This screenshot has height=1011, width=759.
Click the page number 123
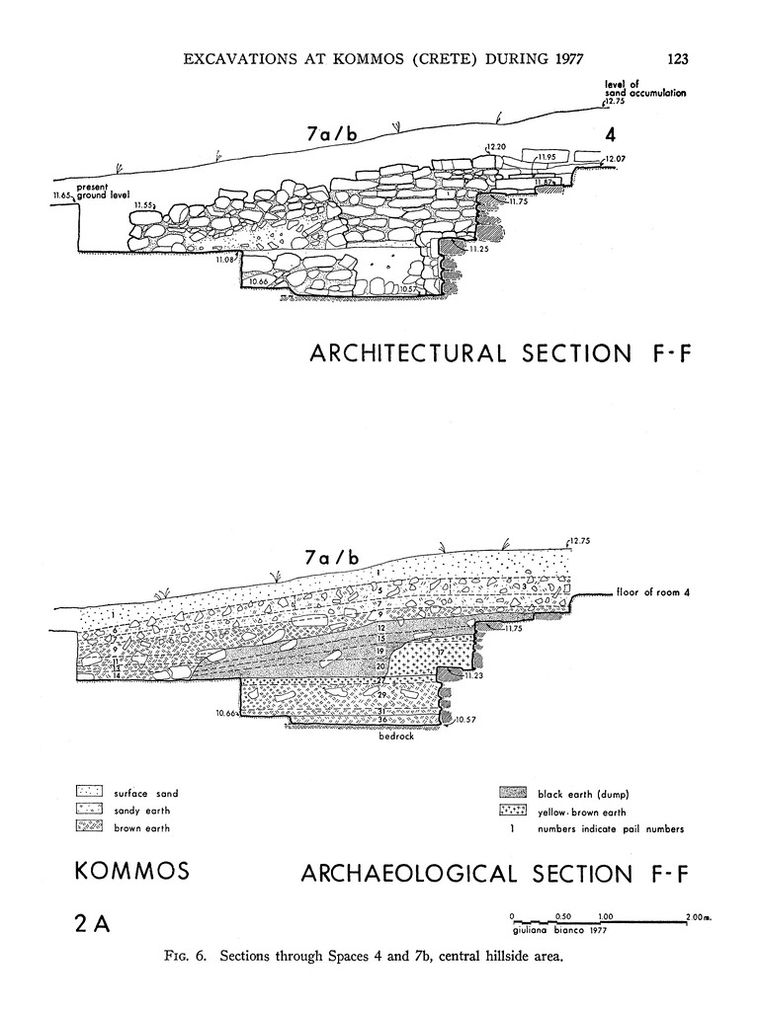pos(677,58)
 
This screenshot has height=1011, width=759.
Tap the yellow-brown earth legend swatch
pos(514,811)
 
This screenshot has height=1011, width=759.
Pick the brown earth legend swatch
pos(90,827)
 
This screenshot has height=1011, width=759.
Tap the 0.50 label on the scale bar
pos(562,917)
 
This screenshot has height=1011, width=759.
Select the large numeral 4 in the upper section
pos(609,136)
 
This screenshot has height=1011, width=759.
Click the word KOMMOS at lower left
pos(131,872)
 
